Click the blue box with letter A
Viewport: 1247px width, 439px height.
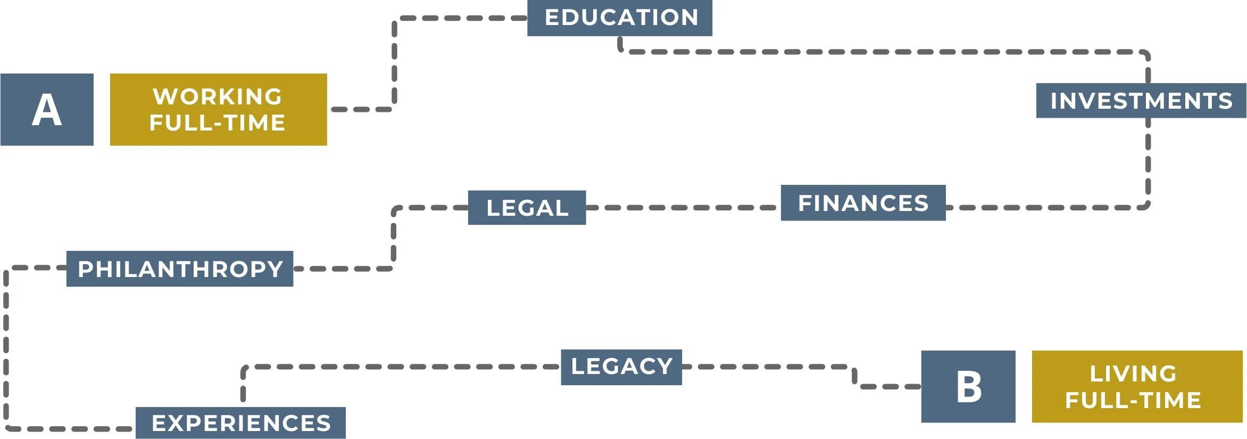click(x=47, y=109)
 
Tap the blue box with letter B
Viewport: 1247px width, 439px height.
click(x=968, y=386)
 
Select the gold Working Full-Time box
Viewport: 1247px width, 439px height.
click(x=218, y=109)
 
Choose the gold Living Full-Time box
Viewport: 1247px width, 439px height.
click(x=1137, y=386)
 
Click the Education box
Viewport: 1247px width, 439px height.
click(x=619, y=18)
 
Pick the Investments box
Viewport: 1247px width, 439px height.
click(x=1141, y=100)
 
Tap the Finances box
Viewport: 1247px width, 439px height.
click(x=863, y=202)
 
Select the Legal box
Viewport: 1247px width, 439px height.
click(x=527, y=207)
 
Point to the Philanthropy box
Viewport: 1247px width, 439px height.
click(x=180, y=269)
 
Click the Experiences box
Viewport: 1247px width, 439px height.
click(x=240, y=422)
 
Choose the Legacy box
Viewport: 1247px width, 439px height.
click(x=621, y=367)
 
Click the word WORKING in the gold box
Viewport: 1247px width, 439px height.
click(x=218, y=96)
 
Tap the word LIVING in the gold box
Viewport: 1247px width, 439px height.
click(x=1133, y=373)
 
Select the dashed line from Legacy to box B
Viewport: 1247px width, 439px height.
click(x=771, y=367)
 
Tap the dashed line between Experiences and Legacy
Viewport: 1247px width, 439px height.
click(x=399, y=367)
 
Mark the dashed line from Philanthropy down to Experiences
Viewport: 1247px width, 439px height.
click(x=6, y=346)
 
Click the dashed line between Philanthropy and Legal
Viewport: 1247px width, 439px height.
click(x=394, y=240)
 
